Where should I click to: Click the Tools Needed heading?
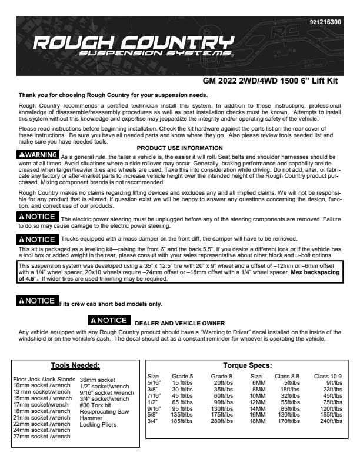pos(75,365)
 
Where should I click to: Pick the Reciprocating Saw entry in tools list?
pos(104,411)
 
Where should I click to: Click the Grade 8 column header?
pos(221,375)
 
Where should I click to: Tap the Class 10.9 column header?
pos(328,375)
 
